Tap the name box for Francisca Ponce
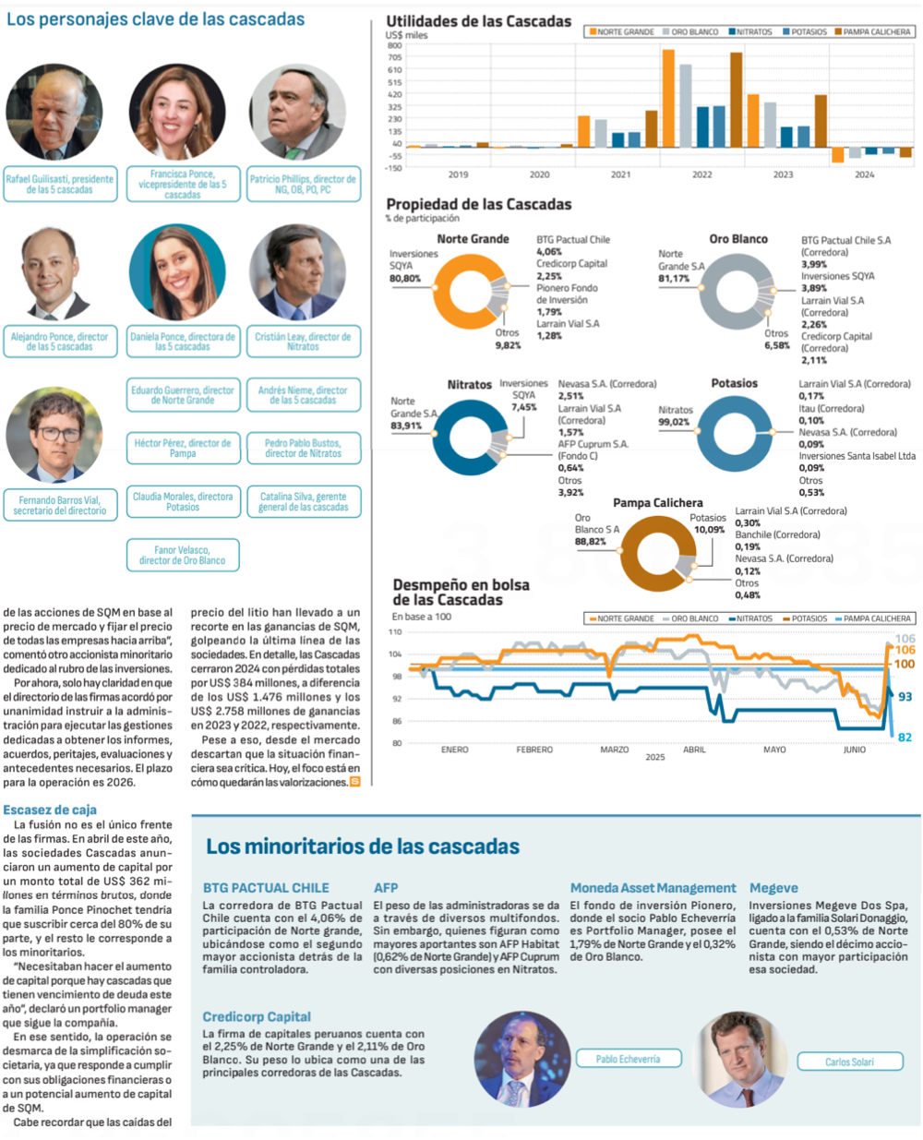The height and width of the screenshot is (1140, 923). click(182, 184)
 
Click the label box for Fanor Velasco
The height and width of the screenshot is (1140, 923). click(182, 555)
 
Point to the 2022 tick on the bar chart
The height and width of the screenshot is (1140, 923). click(702, 174)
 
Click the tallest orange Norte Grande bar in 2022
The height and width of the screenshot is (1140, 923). click(668, 98)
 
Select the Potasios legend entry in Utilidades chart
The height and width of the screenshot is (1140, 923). click(805, 31)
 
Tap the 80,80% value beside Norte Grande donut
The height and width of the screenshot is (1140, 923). click(405, 278)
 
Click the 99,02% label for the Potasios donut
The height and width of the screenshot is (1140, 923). click(674, 422)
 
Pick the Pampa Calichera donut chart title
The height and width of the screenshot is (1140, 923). click(657, 503)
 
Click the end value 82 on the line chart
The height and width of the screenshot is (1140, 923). click(905, 737)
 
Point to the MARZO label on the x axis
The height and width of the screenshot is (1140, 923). click(615, 750)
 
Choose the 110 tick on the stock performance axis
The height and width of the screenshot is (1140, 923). click(395, 632)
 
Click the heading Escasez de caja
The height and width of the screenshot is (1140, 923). click(49, 810)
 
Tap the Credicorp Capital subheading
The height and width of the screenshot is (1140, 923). click(257, 1016)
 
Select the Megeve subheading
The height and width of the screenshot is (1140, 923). click(773, 888)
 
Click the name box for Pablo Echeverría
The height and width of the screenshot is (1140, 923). click(628, 1059)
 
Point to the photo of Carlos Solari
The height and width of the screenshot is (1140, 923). click(741, 1059)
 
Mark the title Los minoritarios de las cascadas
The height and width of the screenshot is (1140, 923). click(362, 846)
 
